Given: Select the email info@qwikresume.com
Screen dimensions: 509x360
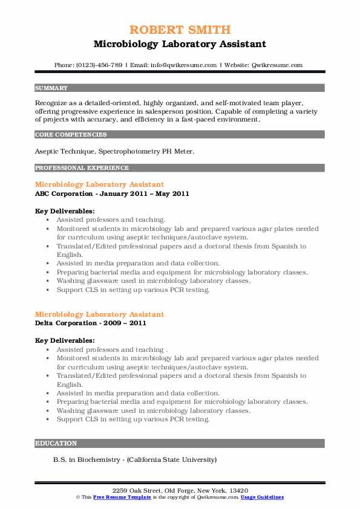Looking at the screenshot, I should point(186,65).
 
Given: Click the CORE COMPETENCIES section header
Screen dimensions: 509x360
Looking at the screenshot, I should point(71,135).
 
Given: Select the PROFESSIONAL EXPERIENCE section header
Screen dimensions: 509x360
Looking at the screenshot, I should point(82,167).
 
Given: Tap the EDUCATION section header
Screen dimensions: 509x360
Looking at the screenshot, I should point(56,443).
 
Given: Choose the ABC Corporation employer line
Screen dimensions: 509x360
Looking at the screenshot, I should point(112,193).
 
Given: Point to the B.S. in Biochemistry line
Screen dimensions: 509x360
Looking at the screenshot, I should point(134,459).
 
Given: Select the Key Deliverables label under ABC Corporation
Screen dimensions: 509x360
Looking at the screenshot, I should point(65,211).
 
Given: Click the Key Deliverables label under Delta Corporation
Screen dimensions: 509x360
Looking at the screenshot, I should point(65,341).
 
